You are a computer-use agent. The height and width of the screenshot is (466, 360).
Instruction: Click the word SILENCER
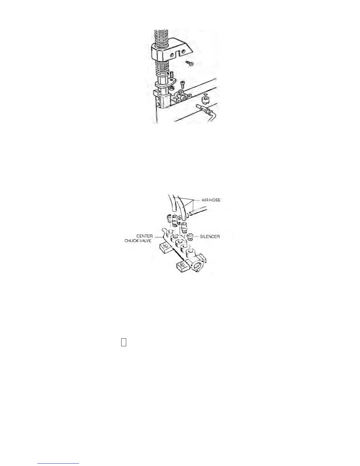tap(210, 237)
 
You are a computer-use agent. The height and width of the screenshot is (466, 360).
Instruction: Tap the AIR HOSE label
tap(211, 200)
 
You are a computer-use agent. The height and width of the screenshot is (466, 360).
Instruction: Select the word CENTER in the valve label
tap(144, 236)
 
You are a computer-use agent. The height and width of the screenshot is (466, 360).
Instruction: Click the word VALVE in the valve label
tap(146, 241)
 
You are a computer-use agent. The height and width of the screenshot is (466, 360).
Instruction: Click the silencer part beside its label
tap(191, 236)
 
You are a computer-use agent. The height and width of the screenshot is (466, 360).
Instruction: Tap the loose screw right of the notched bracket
tap(190, 63)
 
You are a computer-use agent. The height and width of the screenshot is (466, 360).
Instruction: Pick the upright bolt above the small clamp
tap(182, 85)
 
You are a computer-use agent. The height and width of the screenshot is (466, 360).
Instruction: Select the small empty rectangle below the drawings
tap(124, 342)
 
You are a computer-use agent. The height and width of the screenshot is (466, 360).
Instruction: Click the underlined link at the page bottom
tap(58, 463)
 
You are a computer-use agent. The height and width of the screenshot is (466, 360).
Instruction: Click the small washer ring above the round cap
tap(205, 95)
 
